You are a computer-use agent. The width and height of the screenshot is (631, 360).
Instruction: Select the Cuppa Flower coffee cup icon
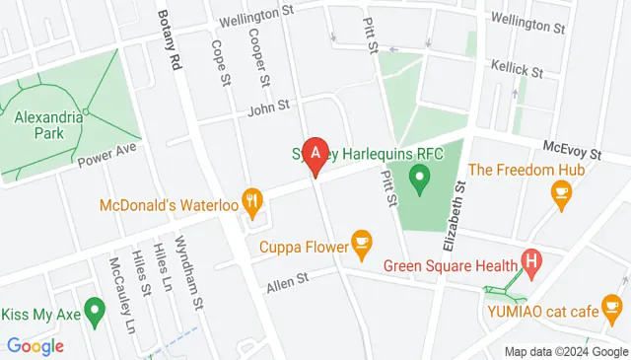pos(362,242)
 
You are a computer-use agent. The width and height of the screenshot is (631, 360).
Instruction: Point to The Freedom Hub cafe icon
pos(563,197)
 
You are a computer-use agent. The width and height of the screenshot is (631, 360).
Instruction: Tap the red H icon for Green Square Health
pos(532,262)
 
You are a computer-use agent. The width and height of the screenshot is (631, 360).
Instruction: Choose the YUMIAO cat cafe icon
pos(614,311)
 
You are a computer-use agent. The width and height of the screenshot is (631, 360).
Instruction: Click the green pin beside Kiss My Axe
pos(95,311)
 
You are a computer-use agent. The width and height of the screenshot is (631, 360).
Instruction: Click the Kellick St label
pos(518,72)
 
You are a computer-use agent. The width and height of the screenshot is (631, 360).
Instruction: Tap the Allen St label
pos(287,280)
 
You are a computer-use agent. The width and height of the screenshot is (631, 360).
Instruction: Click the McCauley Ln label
pos(122,293)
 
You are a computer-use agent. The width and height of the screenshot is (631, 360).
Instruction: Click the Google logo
pos(35,345)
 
